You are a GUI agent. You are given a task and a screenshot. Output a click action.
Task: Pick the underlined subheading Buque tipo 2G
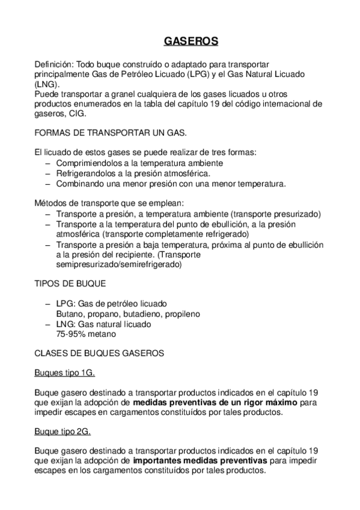(63, 432)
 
